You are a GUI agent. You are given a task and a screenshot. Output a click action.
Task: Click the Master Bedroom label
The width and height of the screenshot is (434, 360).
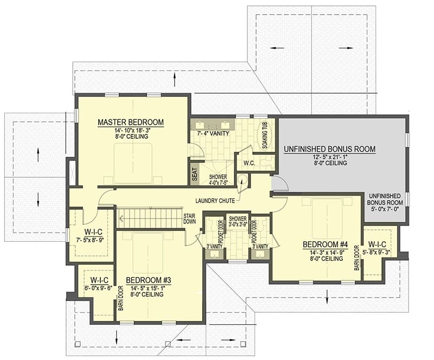point(131,122)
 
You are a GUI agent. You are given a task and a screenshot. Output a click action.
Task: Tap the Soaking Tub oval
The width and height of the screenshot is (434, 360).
point(265,136)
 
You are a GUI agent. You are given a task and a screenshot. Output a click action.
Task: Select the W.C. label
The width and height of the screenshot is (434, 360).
point(249,163)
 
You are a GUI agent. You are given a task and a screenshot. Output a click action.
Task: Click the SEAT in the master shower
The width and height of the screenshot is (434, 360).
point(195,175)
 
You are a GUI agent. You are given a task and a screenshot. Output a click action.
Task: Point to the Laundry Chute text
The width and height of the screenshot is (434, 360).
point(215,201)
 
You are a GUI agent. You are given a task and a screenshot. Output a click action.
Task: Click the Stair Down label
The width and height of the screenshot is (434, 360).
point(189,218)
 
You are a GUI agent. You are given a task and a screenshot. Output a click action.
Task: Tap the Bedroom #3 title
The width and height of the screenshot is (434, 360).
point(148,280)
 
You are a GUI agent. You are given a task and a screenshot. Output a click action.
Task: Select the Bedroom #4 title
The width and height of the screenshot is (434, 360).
point(325,245)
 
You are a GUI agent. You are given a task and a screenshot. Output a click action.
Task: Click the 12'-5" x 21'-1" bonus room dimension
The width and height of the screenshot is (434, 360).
point(330,157)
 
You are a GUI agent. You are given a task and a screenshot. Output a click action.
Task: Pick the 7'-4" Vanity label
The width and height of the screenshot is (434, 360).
point(213,133)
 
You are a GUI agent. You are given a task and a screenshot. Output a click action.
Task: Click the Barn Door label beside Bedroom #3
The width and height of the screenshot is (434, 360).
point(121,298)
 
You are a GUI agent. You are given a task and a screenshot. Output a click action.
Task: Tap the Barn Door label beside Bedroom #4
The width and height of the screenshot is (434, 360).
point(357,258)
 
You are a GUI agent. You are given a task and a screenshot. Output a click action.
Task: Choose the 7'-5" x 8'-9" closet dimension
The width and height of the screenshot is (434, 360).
point(90,240)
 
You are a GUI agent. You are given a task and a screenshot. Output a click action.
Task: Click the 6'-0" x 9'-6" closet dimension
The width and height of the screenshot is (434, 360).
point(99,287)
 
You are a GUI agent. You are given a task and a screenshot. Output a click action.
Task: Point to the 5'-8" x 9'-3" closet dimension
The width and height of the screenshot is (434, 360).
point(376,252)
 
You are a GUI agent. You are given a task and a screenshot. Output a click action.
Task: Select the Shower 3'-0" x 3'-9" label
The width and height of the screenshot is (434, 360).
point(238,221)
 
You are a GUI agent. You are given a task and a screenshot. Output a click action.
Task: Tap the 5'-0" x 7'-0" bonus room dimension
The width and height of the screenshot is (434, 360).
point(385,209)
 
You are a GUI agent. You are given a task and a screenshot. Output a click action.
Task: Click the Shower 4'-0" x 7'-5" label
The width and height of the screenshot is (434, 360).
point(218,179)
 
